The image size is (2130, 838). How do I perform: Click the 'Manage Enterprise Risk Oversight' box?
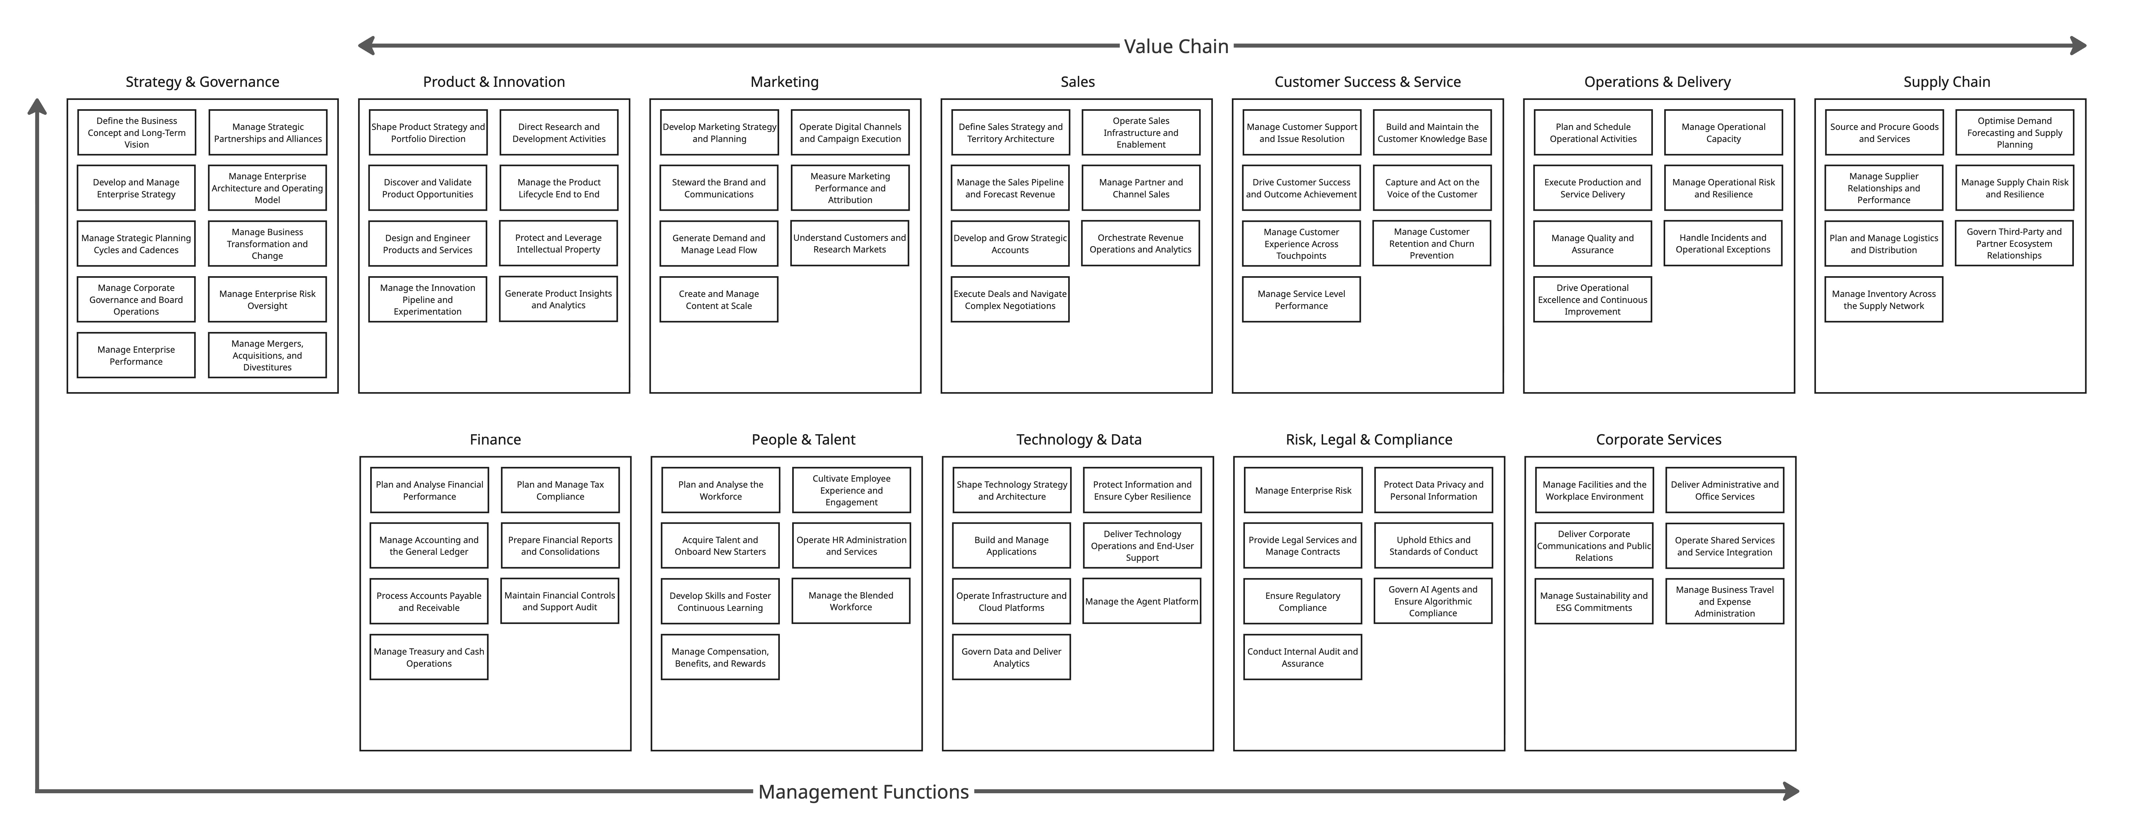click(267, 299)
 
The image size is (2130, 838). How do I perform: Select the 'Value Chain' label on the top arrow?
click(1176, 46)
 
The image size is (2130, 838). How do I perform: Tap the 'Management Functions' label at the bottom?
click(863, 792)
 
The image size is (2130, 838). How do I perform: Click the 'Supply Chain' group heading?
click(1947, 82)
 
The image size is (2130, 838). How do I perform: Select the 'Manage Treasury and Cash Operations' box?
click(428, 657)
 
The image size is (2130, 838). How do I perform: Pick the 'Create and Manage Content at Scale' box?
click(719, 299)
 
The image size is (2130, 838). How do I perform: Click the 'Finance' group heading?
click(495, 440)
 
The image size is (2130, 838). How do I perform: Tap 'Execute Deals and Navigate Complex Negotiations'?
click(1010, 299)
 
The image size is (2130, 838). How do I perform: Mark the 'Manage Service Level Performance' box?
click(1301, 299)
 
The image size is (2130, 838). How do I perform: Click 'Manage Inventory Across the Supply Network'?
click(1884, 299)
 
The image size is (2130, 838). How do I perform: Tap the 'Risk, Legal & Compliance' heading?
click(1369, 440)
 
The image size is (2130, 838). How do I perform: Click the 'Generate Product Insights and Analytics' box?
click(558, 299)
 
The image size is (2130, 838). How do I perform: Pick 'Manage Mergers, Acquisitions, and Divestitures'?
click(267, 355)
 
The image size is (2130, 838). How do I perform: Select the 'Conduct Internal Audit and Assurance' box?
click(1302, 657)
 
